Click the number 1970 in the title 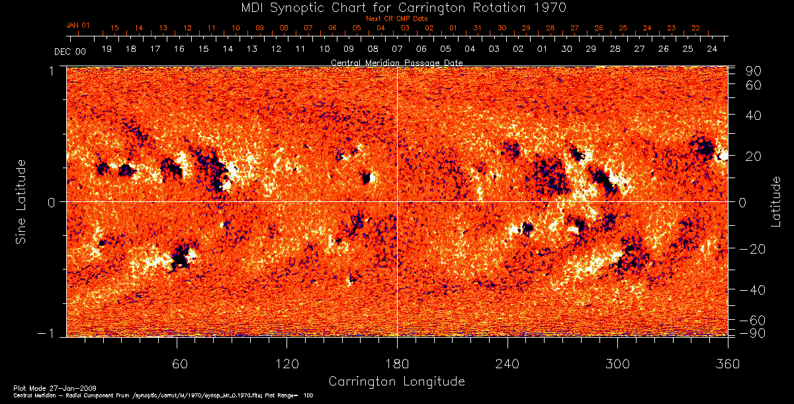click(x=551, y=7)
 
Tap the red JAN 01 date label click(x=77, y=25)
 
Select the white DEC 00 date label click(x=69, y=50)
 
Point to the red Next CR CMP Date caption click(x=397, y=19)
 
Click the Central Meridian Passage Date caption click(x=396, y=62)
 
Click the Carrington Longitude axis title click(x=396, y=381)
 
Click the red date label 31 click(x=478, y=28)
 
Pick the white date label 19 click(x=107, y=49)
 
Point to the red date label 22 click(x=695, y=28)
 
